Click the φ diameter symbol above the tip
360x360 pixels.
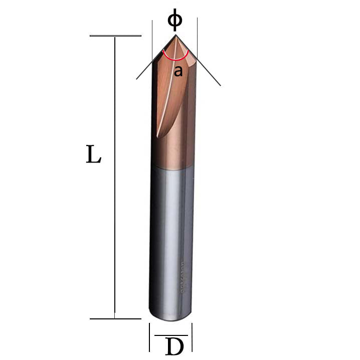click(174, 20)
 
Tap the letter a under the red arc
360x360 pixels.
click(178, 71)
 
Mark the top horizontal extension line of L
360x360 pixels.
click(115, 36)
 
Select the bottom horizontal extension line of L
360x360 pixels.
click(115, 318)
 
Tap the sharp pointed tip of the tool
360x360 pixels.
click(175, 37)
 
